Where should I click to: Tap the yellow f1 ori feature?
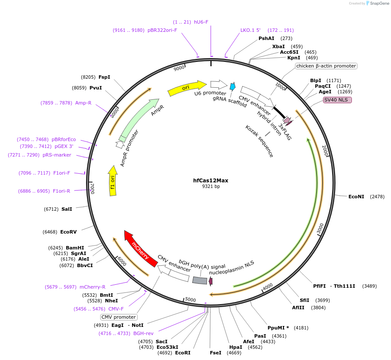click(113, 181)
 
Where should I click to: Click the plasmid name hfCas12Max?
click(211, 181)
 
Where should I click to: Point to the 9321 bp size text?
click(211, 187)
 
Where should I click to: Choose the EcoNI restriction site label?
click(356, 197)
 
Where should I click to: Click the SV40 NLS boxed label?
click(337, 100)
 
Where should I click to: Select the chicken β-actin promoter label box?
click(326, 66)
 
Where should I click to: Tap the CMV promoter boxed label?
click(118, 317)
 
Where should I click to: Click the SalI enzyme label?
click(67, 209)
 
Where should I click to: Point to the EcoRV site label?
click(68, 232)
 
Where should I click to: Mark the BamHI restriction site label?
click(75, 248)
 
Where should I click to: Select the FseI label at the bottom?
click(216, 353)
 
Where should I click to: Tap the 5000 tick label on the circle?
click(190, 300)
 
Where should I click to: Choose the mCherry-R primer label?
click(92, 287)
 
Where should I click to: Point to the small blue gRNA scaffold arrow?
click(233, 86)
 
